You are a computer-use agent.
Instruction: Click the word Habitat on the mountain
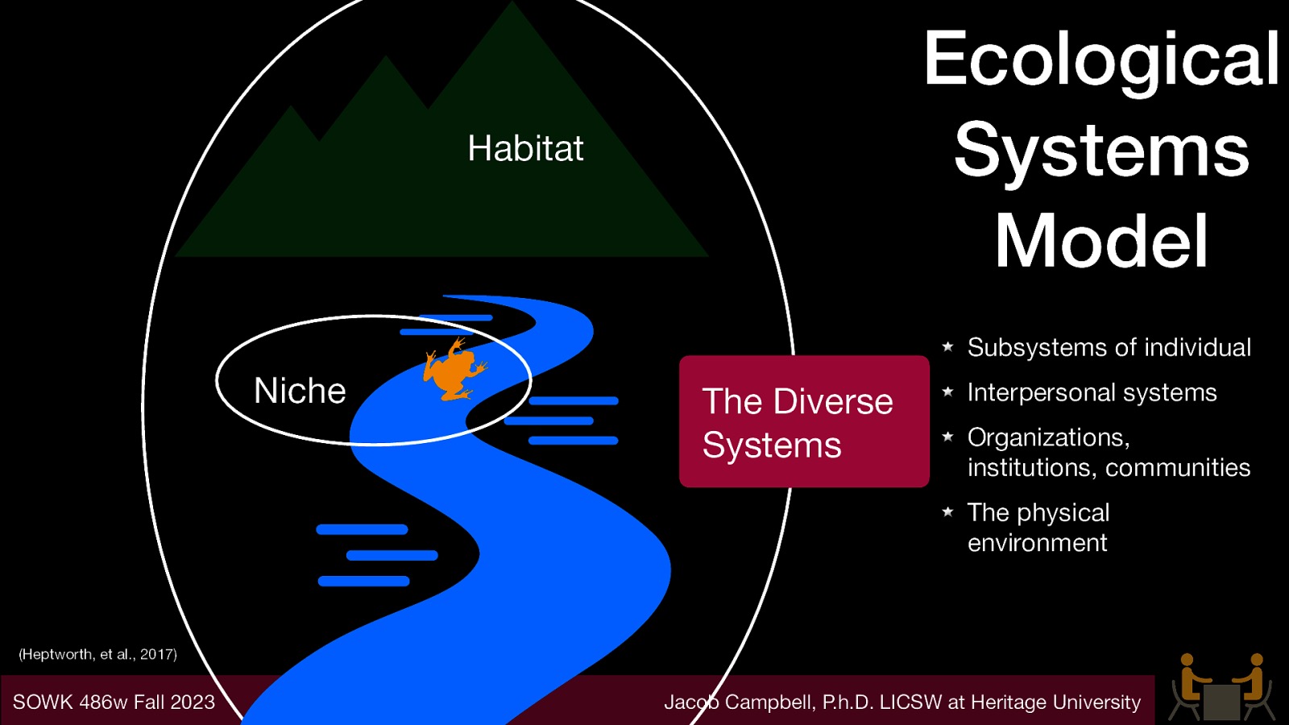click(x=525, y=148)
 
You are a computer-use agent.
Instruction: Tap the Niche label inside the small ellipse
click(x=300, y=391)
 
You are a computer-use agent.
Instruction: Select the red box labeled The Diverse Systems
click(x=804, y=421)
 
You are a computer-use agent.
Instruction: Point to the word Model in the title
click(x=1101, y=241)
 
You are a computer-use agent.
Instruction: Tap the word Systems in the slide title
click(x=1101, y=150)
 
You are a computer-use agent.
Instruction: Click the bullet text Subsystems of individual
click(x=1109, y=347)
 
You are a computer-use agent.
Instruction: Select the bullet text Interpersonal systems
click(x=1092, y=392)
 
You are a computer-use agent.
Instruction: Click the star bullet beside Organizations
click(x=948, y=437)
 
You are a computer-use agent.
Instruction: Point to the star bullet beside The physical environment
click(x=948, y=512)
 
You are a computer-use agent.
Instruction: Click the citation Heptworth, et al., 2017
click(x=97, y=654)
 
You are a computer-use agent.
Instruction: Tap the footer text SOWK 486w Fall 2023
click(x=114, y=702)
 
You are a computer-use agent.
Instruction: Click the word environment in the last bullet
click(x=1037, y=543)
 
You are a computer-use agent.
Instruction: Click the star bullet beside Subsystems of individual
click(x=948, y=346)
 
